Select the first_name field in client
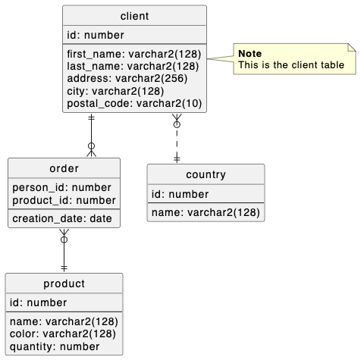[x=133, y=55]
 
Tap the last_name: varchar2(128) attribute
[x=133, y=67]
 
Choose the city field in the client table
[x=115, y=91]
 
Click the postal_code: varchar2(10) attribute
[x=134, y=103]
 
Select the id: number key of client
[x=96, y=35]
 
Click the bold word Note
[x=250, y=53]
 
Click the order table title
[x=64, y=168]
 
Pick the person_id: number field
[x=61, y=187]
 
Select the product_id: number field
[x=64, y=200]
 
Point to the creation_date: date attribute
[x=62, y=218]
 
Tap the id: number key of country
[x=180, y=194]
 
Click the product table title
[x=64, y=284]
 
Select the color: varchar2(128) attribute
[x=64, y=333]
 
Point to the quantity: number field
[x=55, y=346]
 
